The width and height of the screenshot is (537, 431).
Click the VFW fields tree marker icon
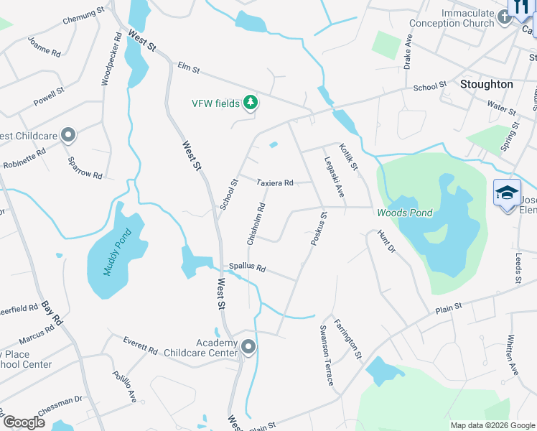point(251,103)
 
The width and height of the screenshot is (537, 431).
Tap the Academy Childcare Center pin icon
point(248,348)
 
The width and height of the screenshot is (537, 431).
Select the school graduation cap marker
point(507,193)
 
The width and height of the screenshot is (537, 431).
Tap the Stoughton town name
point(486,84)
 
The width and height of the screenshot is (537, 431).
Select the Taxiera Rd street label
point(275,183)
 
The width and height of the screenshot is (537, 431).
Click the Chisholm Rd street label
point(256,224)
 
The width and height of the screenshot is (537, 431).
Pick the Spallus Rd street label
point(247,267)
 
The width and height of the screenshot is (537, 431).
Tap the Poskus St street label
point(319,229)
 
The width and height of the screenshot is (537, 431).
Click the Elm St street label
point(187,69)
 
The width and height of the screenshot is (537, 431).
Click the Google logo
point(23,422)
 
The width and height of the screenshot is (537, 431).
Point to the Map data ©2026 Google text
point(492,425)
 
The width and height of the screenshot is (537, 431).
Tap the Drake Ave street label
point(408,51)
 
